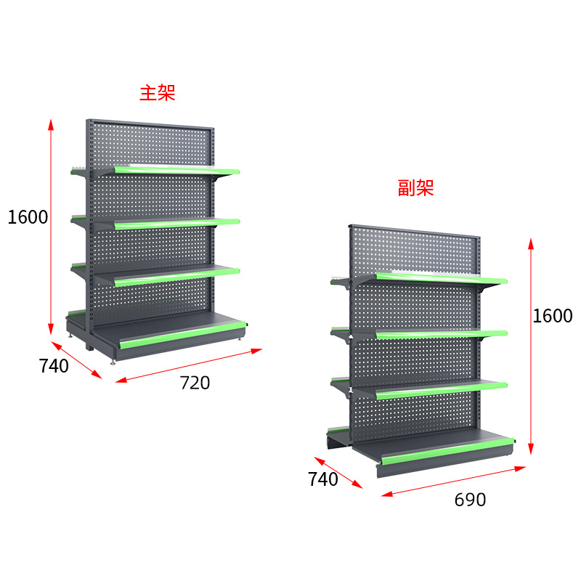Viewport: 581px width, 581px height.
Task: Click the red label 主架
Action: click(158, 93)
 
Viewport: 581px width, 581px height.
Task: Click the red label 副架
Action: click(416, 188)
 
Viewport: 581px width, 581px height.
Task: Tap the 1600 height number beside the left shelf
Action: click(28, 217)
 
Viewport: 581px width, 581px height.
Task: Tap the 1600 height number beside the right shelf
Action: click(552, 316)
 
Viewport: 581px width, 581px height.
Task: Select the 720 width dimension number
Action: click(195, 383)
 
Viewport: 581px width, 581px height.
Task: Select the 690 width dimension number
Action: click(470, 500)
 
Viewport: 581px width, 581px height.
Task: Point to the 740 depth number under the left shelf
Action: click(54, 366)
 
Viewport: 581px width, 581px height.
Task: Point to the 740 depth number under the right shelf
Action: click(323, 479)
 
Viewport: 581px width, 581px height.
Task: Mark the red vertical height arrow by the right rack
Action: click(532, 345)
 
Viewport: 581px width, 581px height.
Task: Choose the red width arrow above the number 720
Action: click(188, 365)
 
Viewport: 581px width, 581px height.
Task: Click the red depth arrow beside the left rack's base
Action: click(77, 360)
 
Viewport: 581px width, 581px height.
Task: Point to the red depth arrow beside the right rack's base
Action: click(338, 473)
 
